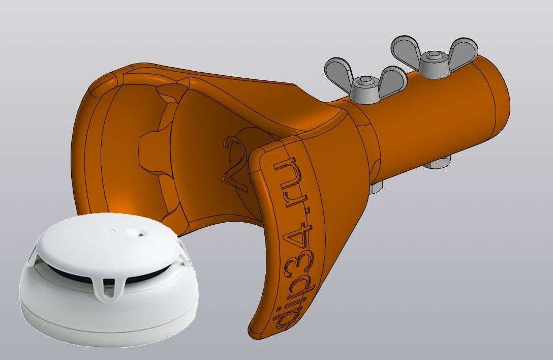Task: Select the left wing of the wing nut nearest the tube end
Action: (x=407, y=49)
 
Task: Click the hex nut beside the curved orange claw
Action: (x=376, y=188)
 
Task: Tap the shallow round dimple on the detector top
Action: (x=108, y=231)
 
